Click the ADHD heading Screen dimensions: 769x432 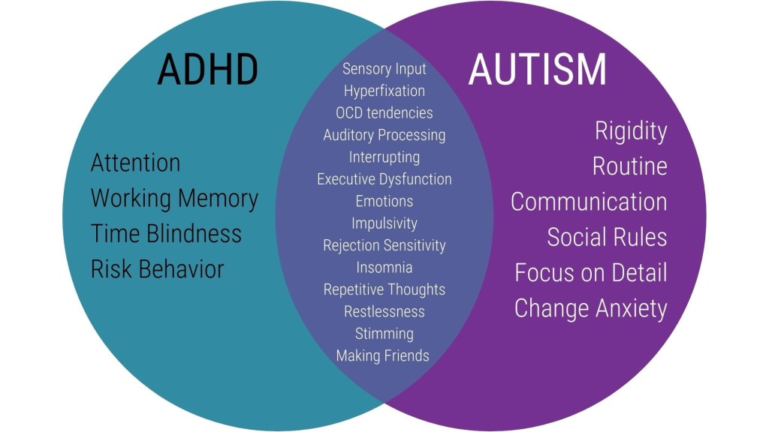(x=207, y=69)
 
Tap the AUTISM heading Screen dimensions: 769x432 (x=538, y=69)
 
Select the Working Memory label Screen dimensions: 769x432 (x=174, y=199)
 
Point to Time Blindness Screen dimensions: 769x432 (x=166, y=233)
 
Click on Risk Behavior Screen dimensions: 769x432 (x=158, y=269)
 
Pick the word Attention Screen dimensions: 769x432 (x=135, y=163)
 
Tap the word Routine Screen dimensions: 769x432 (x=630, y=166)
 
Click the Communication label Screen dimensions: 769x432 (x=589, y=202)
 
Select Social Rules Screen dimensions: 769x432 (x=607, y=237)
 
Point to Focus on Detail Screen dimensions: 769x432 (x=591, y=273)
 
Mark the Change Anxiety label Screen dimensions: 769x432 (x=591, y=309)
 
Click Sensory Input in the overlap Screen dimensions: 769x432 (x=384, y=69)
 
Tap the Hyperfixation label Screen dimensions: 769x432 (x=384, y=91)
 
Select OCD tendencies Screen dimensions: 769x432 (x=384, y=113)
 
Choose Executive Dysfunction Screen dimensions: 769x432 (x=384, y=179)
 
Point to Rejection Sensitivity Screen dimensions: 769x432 (x=384, y=245)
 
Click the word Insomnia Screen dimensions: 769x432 (x=384, y=268)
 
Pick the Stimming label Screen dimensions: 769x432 (x=384, y=334)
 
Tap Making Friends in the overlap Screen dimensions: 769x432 (x=382, y=356)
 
